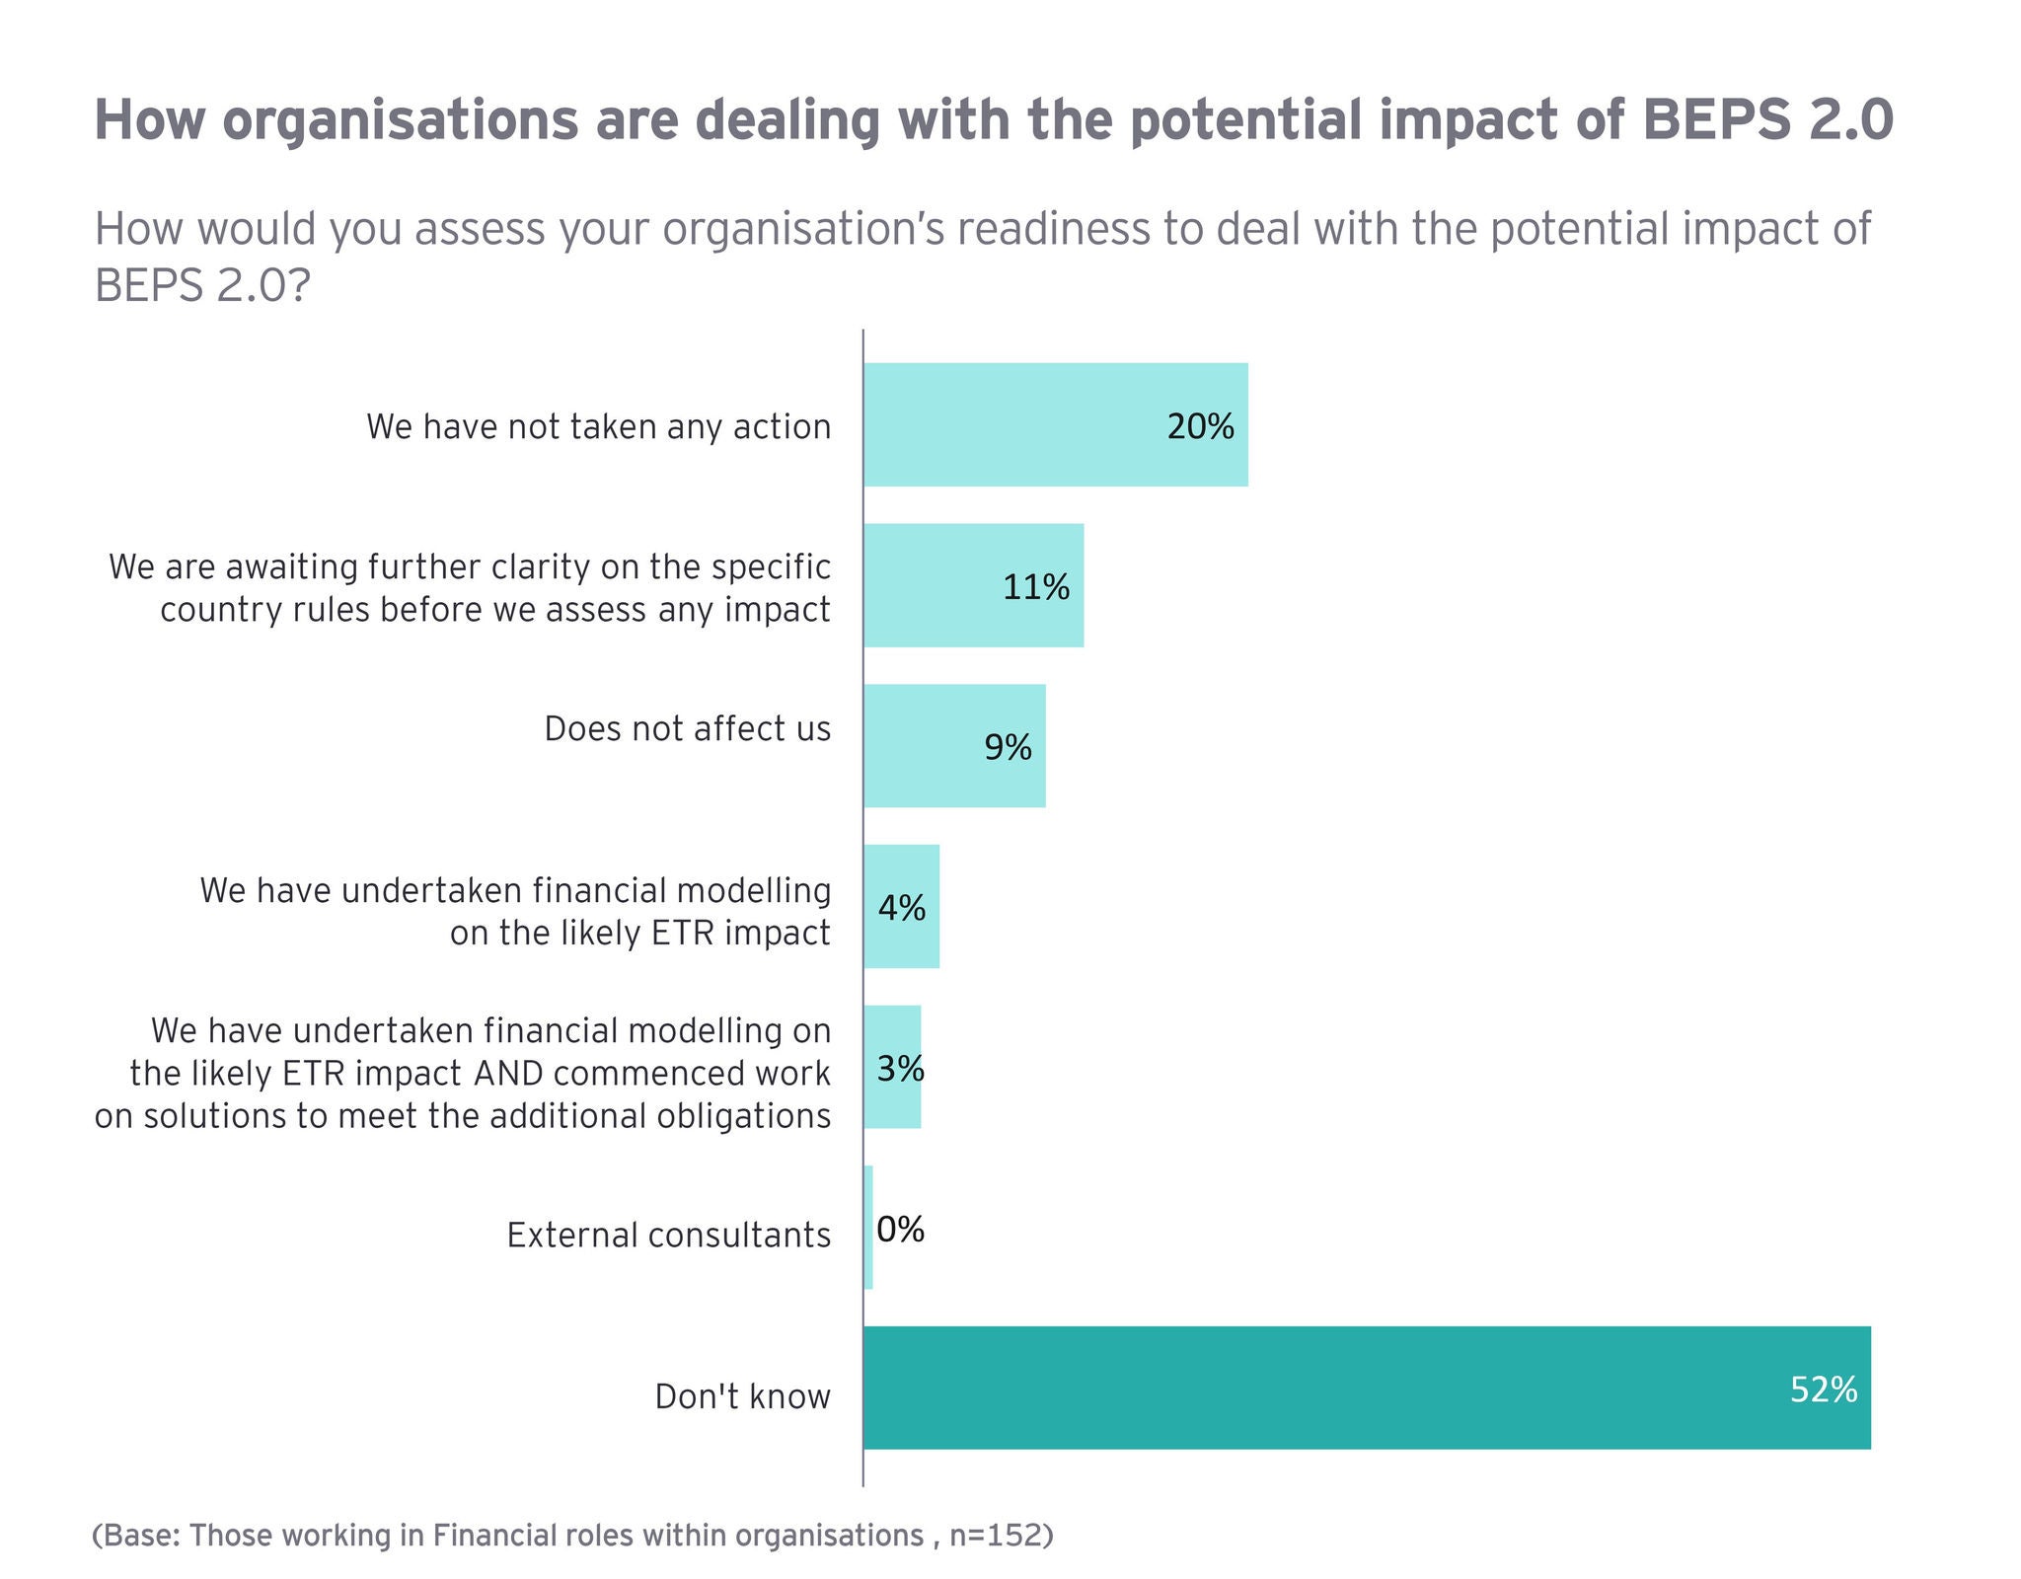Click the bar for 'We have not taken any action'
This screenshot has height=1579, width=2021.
pyautogui.click(x=1055, y=424)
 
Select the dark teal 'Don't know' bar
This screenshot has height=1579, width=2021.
pyautogui.click(x=1367, y=1388)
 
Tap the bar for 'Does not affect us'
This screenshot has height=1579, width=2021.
pyautogui.click(x=953, y=746)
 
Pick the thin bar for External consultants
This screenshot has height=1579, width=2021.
pyautogui.click(x=868, y=1228)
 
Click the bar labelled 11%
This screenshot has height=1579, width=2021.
pyautogui.click(x=973, y=585)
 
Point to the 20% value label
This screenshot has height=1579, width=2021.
pyautogui.click(x=1200, y=426)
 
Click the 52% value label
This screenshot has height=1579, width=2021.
pyautogui.click(x=1823, y=1390)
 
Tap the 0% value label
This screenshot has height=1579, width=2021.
pyautogui.click(x=900, y=1229)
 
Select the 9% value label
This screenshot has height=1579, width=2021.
pyautogui.click(x=1008, y=748)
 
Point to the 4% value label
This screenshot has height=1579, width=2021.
pyautogui.click(x=902, y=908)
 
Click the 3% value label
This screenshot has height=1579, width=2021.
pyautogui.click(x=900, y=1069)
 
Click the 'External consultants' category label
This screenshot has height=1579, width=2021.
pyautogui.click(x=668, y=1235)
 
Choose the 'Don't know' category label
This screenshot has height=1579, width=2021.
pyautogui.click(x=742, y=1396)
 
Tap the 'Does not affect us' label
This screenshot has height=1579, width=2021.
pyautogui.click(x=687, y=729)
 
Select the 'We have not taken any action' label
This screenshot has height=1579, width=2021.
pyautogui.click(x=598, y=426)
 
